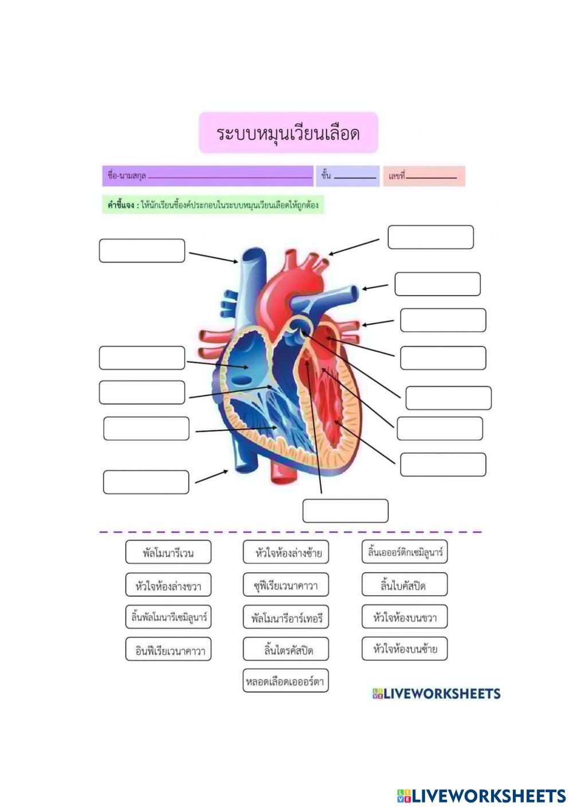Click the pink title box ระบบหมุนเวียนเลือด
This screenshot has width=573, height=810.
[x=288, y=133]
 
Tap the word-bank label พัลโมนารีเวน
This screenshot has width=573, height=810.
[x=168, y=553]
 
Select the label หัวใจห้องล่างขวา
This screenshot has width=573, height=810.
[x=168, y=585]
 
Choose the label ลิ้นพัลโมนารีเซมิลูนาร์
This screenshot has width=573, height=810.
[x=168, y=618]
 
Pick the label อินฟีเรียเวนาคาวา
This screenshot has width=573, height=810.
[x=168, y=650]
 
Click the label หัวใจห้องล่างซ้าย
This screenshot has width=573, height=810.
[x=286, y=553]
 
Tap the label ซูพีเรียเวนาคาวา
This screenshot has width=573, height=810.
[x=286, y=585]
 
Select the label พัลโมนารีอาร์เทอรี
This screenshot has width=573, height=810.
[x=286, y=618]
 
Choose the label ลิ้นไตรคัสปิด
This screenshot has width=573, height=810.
[x=286, y=650]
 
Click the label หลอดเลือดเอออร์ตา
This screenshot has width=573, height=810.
[x=285, y=681]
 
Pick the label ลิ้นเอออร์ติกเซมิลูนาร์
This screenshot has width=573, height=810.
[x=405, y=552]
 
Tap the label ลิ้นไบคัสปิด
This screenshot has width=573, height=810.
[x=405, y=585]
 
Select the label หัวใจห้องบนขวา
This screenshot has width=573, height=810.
[x=405, y=617]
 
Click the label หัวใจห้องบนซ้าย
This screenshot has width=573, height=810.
[x=405, y=649]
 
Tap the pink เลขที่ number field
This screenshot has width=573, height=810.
[x=424, y=176]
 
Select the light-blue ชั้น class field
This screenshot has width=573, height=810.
[x=348, y=176]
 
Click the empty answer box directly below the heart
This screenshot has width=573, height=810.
[x=345, y=511]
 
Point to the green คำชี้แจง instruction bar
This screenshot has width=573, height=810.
[x=213, y=205]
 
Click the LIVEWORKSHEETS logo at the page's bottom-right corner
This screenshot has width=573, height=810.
[x=481, y=795]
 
